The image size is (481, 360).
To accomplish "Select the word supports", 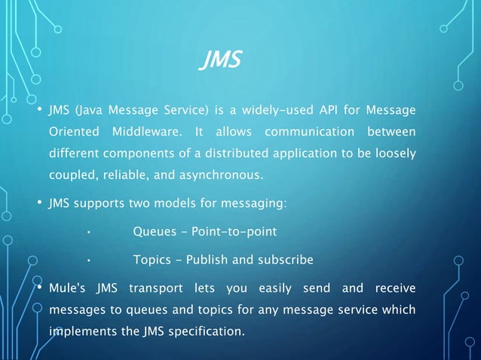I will coord(96,203).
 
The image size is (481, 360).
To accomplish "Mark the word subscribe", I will coord(286,260).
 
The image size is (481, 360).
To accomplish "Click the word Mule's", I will coord(69,288).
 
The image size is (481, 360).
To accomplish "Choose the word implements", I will coord(80,331).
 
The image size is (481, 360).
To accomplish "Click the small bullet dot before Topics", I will coord(88,261).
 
